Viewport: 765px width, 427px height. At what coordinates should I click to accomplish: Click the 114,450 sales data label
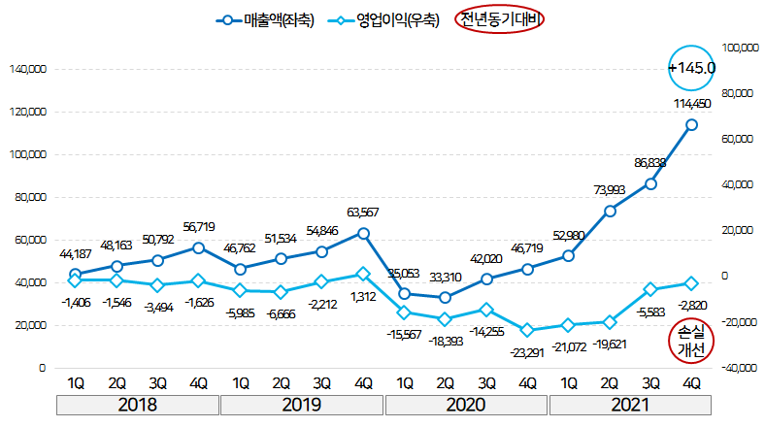click(692, 104)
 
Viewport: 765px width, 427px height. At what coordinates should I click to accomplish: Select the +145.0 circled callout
click(692, 68)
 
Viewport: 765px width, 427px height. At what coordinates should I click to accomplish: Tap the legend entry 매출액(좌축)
click(265, 19)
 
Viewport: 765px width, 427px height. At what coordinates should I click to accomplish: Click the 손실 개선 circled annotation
click(692, 342)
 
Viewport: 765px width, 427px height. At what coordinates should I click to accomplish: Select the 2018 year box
click(137, 405)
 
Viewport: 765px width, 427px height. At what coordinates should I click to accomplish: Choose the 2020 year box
click(466, 405)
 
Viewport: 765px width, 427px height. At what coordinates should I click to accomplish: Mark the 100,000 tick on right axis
click(740, 47)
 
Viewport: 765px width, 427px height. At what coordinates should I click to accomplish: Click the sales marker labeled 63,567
click(363, 233)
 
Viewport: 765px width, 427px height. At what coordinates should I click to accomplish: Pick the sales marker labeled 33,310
click(445, 297)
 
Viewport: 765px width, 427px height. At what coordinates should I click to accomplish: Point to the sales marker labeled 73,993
click(610, 211)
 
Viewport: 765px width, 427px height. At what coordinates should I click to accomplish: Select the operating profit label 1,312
click(363, 296)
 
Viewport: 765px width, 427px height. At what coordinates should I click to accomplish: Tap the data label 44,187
click(75, 254)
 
